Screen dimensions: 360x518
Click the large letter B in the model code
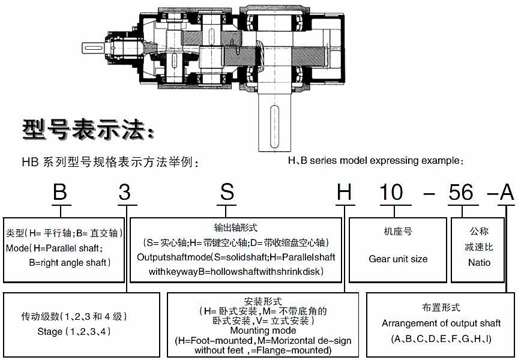(59, 193)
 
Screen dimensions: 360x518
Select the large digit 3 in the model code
(124, 193)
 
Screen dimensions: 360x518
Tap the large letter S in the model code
(226, 193)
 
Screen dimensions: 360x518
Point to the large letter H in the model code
(344, 193)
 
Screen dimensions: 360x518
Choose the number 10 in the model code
(393, 193)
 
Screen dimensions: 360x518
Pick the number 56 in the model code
(462, 193)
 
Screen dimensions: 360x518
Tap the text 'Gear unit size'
(398, 259)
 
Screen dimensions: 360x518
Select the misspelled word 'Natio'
(479, 262)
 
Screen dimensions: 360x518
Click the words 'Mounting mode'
(263, 331)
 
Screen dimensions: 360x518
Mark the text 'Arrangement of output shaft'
(441, 323)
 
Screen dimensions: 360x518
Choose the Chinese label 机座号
(398, 231)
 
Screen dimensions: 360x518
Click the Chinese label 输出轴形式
(235, 228)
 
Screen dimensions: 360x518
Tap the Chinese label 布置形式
(441, 307)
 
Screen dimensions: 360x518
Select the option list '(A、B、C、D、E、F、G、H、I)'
(441, 339)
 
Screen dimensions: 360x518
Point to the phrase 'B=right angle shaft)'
(70, 262)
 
